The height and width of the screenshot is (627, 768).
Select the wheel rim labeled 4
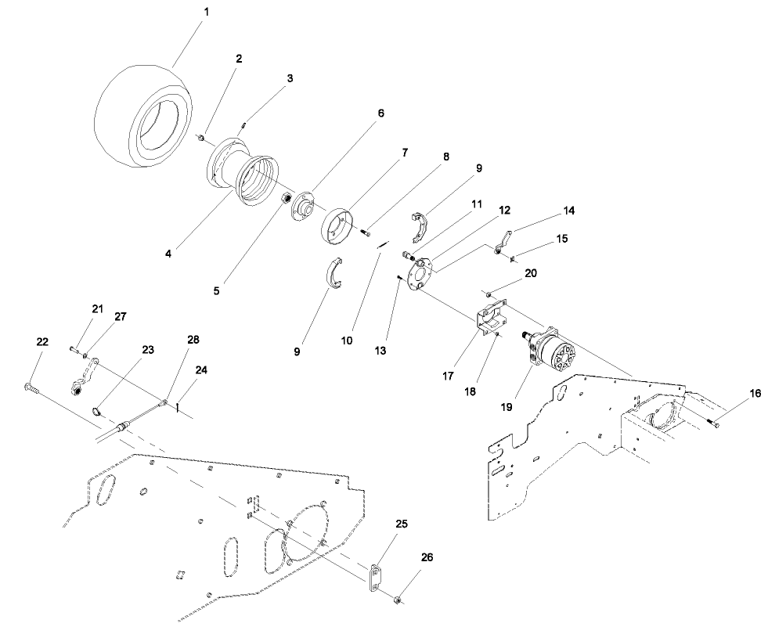(x=243, y=176)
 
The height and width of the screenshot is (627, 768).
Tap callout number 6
(x=381, y=113)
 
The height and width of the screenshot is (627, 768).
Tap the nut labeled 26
(x=399, y=600)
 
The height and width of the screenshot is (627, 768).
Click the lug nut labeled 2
(x=201, y=138)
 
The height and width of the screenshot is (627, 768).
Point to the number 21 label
(x=97, y=310)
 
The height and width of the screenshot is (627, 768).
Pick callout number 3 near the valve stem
(x=290, y=78)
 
